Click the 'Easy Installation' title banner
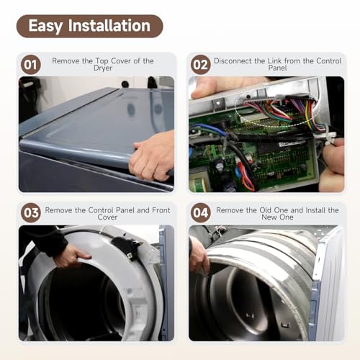(90, 26)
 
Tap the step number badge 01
(31, 65)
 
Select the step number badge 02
(201, 65)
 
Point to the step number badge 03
(31, 212)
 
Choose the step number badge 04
(201, 212)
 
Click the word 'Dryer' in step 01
(103, 68)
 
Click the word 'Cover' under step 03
(107, 217)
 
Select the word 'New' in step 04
(269, 217)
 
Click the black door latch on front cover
(127, 246)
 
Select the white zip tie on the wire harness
(328, 135)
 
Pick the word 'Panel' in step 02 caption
(277, 68)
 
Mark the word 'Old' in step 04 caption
(265, 210)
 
